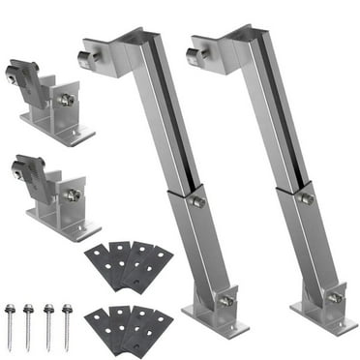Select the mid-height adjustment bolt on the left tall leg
[196, 202]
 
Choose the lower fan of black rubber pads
[128, 324]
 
